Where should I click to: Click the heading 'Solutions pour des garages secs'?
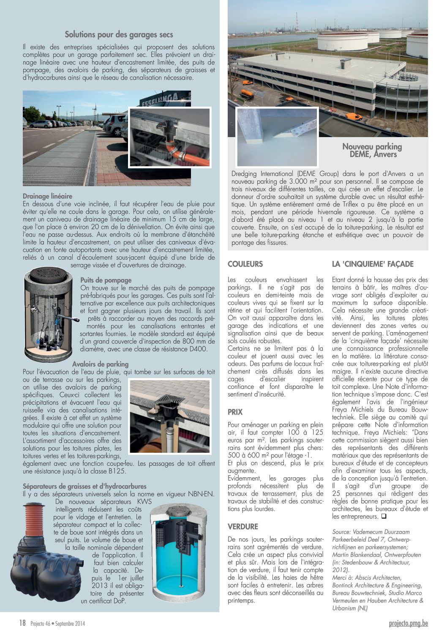[119, 34]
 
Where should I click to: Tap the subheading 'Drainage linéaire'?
[47, 196]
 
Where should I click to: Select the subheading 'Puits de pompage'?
[106, 280]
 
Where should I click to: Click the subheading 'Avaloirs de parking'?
[100, 364]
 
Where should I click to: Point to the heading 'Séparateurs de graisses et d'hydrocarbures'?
[84, 486]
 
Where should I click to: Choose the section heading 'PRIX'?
[235, 412]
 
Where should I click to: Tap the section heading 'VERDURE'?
[243, 527]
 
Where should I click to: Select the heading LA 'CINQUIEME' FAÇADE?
[373, 264]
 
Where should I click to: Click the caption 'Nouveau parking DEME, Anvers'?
[372, 151]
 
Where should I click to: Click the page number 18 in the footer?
[22, 623]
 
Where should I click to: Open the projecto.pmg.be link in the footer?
[408, 623]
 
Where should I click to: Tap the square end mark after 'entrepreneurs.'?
[383, 517]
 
